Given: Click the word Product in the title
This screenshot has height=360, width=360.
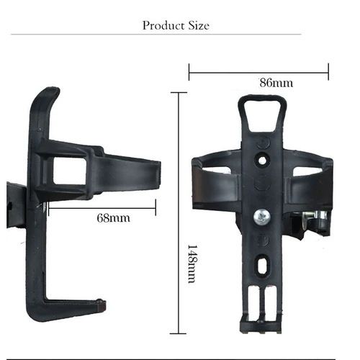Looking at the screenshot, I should [163, 25].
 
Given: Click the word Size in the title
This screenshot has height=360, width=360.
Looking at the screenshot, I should [198, 25].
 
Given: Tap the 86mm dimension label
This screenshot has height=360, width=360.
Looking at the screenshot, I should [276, 83].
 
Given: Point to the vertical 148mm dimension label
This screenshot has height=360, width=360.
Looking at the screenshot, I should [192, 263].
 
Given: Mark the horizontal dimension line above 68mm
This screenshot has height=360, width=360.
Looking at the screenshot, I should [101, 209].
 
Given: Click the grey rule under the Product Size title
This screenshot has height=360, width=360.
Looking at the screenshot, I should [179, 34].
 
